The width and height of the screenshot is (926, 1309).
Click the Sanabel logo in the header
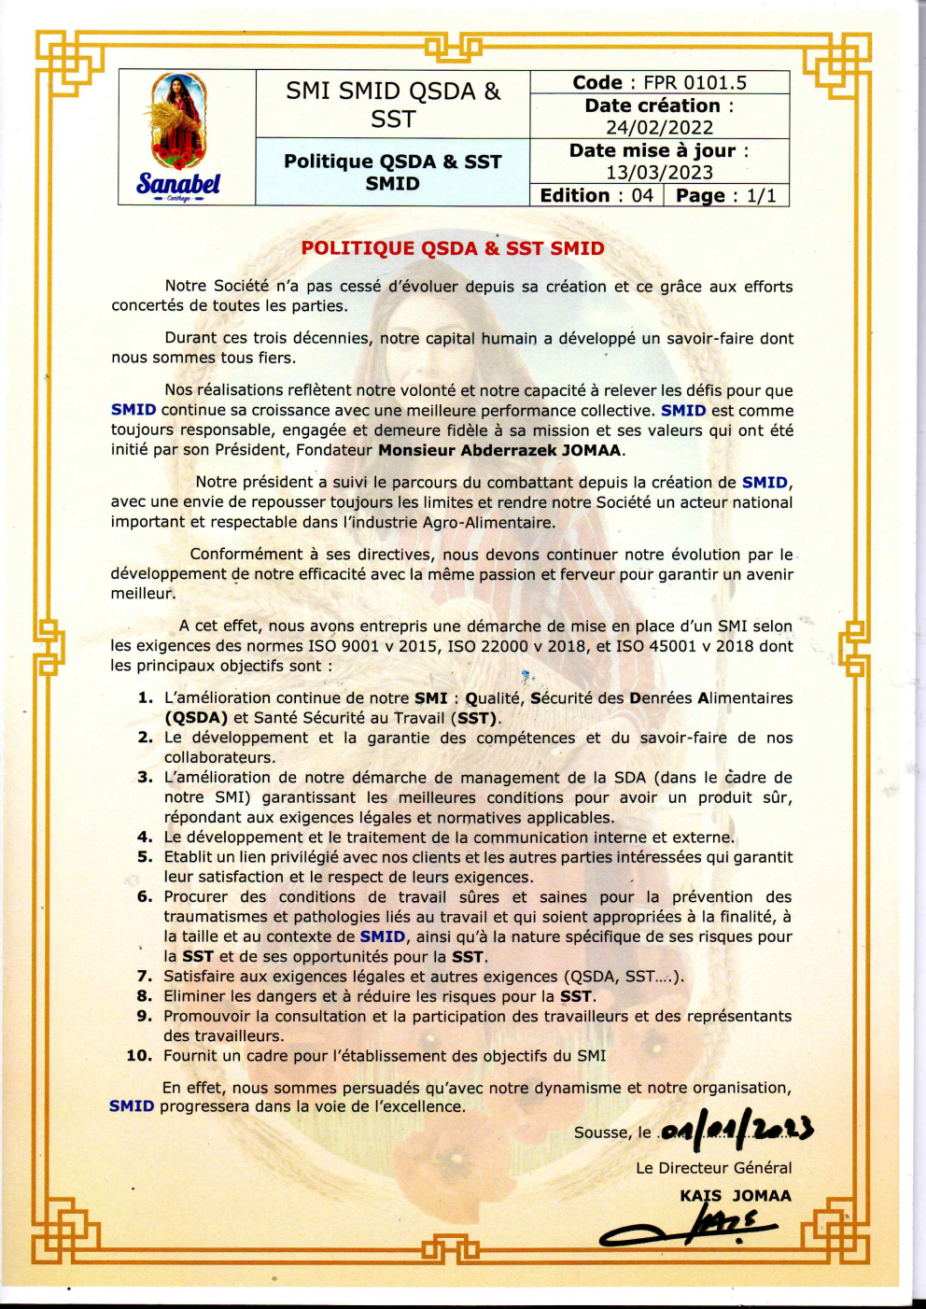coord(179,136)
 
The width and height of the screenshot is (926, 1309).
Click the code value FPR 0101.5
coord(694,82)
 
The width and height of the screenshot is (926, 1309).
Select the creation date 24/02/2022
coord(659,128)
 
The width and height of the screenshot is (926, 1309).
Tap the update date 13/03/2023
coord(659,173)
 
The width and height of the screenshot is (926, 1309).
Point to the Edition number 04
coord(642,195)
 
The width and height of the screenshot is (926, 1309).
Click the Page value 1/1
coord(761,195)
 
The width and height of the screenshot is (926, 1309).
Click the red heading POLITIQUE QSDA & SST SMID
coord(453,248)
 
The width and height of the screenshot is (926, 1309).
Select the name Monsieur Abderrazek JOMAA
coord(500,450)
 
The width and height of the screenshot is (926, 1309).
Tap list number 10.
coord(139,1056)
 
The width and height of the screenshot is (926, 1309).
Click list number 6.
coord(145,897)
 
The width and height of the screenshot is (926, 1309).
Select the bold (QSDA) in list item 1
coord(196,718)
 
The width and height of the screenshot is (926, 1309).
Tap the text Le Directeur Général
coord(713,1168)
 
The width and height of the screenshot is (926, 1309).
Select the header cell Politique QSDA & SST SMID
coord(392,172)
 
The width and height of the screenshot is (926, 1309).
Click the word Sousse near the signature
coord(602,1133)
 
